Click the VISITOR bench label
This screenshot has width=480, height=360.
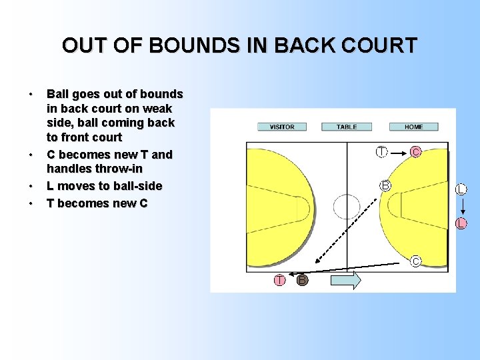point(281,127)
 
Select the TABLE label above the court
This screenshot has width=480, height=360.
point(347,127)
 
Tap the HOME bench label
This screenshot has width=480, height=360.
point(413,127)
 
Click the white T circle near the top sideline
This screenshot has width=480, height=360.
point(381,152)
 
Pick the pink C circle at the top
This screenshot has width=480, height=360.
point(416,152)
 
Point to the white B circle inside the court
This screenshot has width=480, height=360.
point(385,185)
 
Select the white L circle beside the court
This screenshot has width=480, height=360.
point(461,190)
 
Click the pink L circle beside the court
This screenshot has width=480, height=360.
point(461,223)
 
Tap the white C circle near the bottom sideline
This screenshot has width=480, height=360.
point(415,261)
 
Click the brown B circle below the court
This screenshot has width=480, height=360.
point(302,280)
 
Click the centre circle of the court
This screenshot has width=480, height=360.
point(347,206)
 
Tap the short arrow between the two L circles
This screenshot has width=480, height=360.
point(461,207)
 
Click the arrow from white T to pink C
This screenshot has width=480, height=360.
point(399,152)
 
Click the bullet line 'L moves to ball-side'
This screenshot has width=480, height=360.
point(104,185)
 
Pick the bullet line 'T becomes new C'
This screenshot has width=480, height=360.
point(97,203)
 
